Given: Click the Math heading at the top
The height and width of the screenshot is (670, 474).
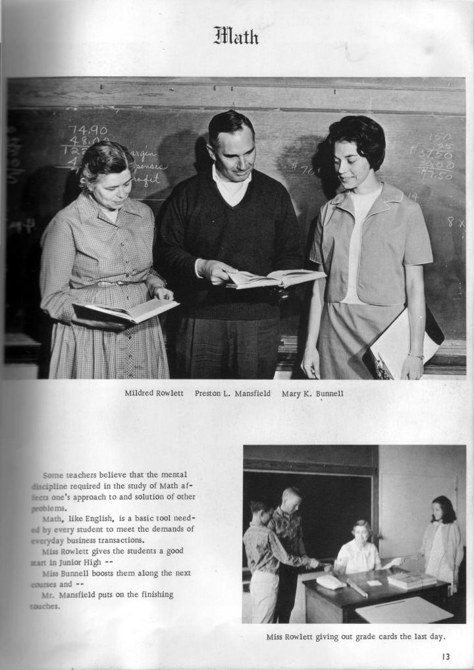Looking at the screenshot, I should click(236, 34).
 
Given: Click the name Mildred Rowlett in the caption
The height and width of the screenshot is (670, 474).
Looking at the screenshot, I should click(154, 393).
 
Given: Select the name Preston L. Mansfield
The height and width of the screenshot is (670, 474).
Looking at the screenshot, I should click(232, 393).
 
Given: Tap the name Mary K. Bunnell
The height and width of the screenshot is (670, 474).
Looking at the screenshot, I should click(312, 393).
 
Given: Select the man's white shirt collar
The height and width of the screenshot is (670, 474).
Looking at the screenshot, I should click(230, 185).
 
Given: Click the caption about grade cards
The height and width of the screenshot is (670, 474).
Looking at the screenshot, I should click(355, 636).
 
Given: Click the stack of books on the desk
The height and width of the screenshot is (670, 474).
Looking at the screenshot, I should click(411, 580).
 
